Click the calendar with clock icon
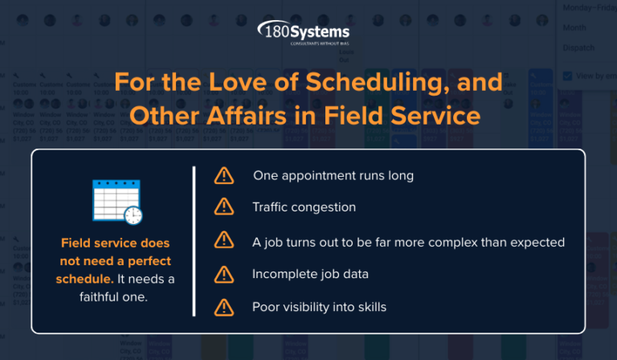tap(116, 202)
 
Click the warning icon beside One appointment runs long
tap(223, 174)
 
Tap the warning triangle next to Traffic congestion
tap(223, 207)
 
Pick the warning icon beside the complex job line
tap(223, 241)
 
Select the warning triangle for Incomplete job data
tap(223, 274)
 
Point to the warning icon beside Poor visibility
tap(223, 307)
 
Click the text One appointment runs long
tap(333, 174)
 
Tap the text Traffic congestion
tap(304, 207)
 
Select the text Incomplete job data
tap(310, 274)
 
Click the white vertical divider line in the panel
tap(194, 241)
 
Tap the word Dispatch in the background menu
tap(578, 48)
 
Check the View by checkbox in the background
tap(568, 76)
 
